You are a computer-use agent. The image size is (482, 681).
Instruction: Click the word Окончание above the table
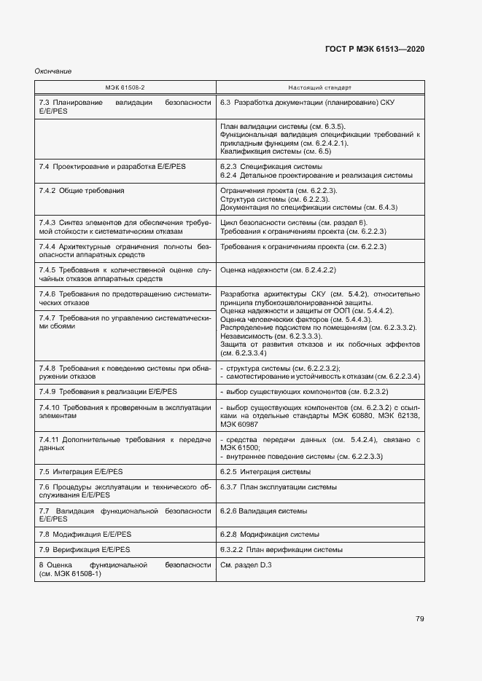(53, 71)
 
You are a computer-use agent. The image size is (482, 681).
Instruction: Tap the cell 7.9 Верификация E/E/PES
(85, 549)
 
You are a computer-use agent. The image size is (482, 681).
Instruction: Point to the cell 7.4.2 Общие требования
(81, 190)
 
